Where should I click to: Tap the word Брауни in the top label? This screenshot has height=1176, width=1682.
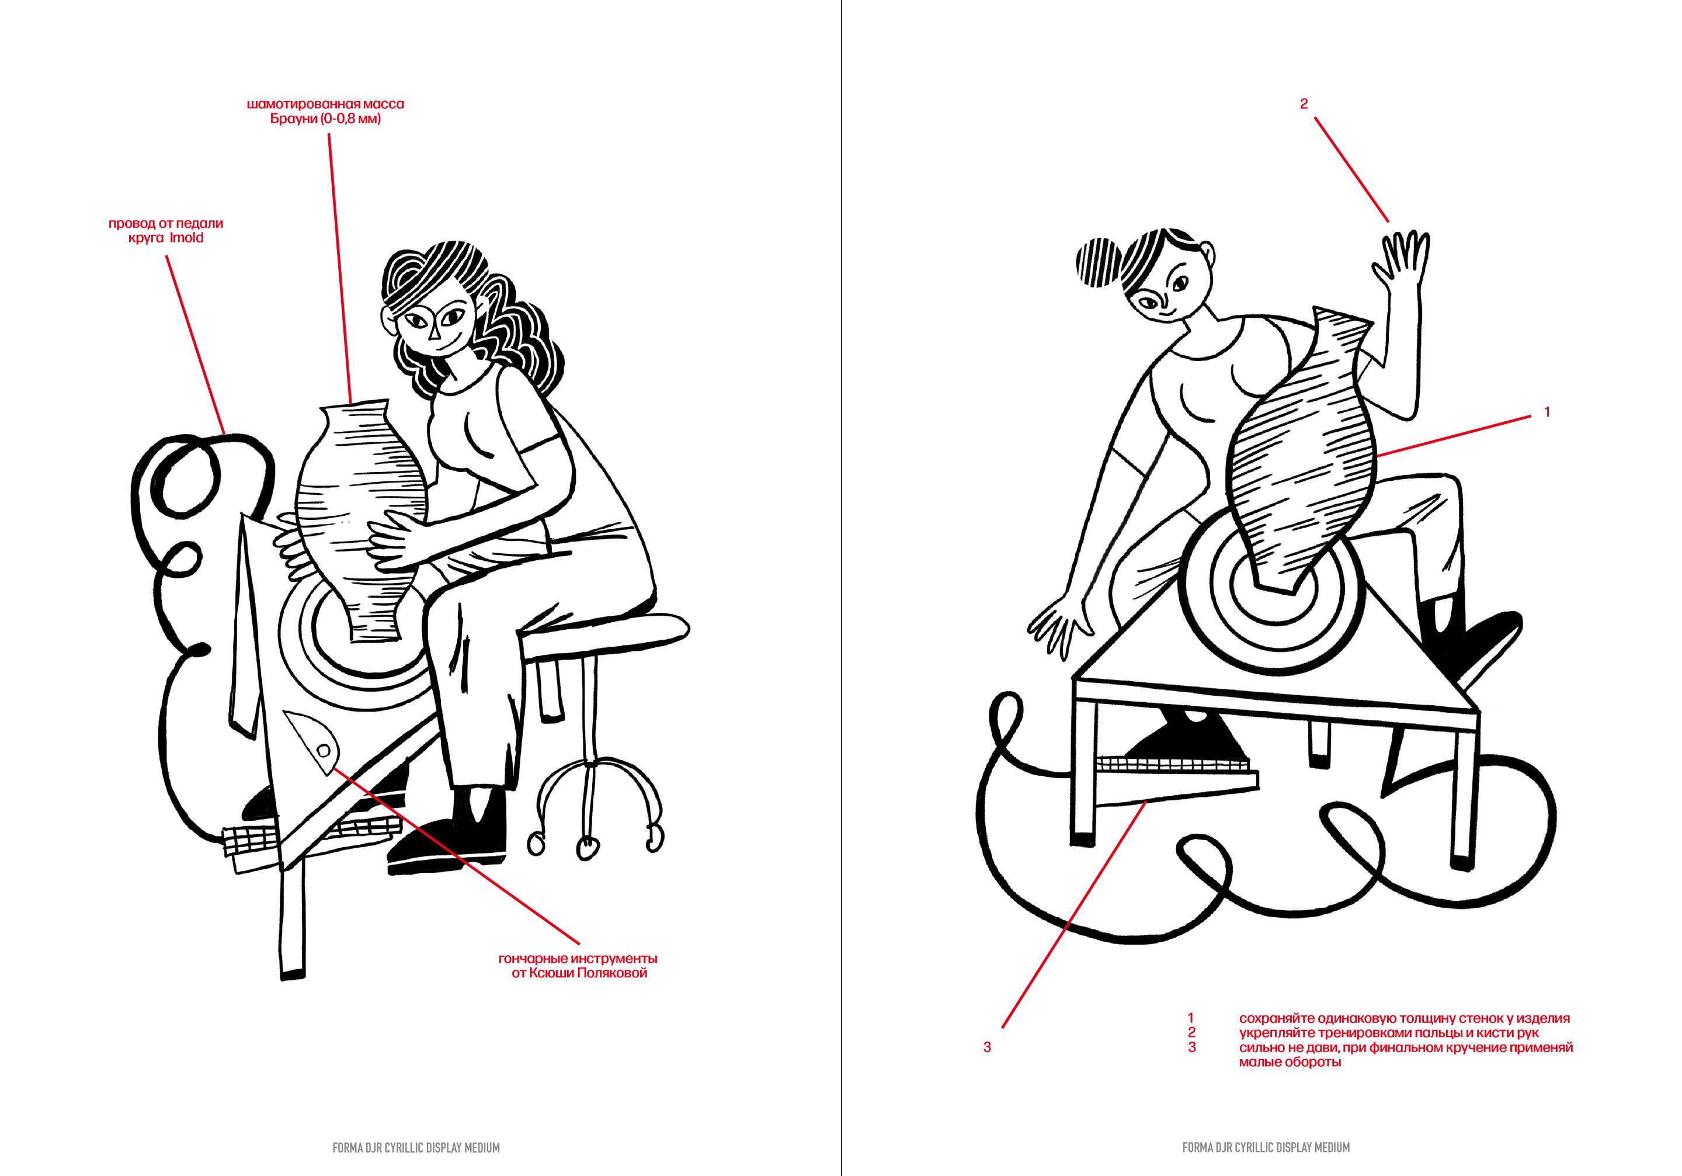(294, 119)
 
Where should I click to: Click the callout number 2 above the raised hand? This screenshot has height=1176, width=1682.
(1303, 104)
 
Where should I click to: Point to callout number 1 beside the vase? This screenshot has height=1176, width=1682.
(1547, 412)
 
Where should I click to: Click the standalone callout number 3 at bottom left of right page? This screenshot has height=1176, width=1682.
(987, 1047)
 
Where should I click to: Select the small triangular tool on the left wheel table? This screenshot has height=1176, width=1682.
(314, 740)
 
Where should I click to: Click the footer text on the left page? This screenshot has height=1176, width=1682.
(416, 1147)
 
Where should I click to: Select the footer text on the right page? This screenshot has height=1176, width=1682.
(1266, 1147)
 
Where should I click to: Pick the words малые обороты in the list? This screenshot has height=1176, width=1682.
(1290, 1063)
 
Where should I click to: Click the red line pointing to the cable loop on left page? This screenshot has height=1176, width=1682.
(196, 345)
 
